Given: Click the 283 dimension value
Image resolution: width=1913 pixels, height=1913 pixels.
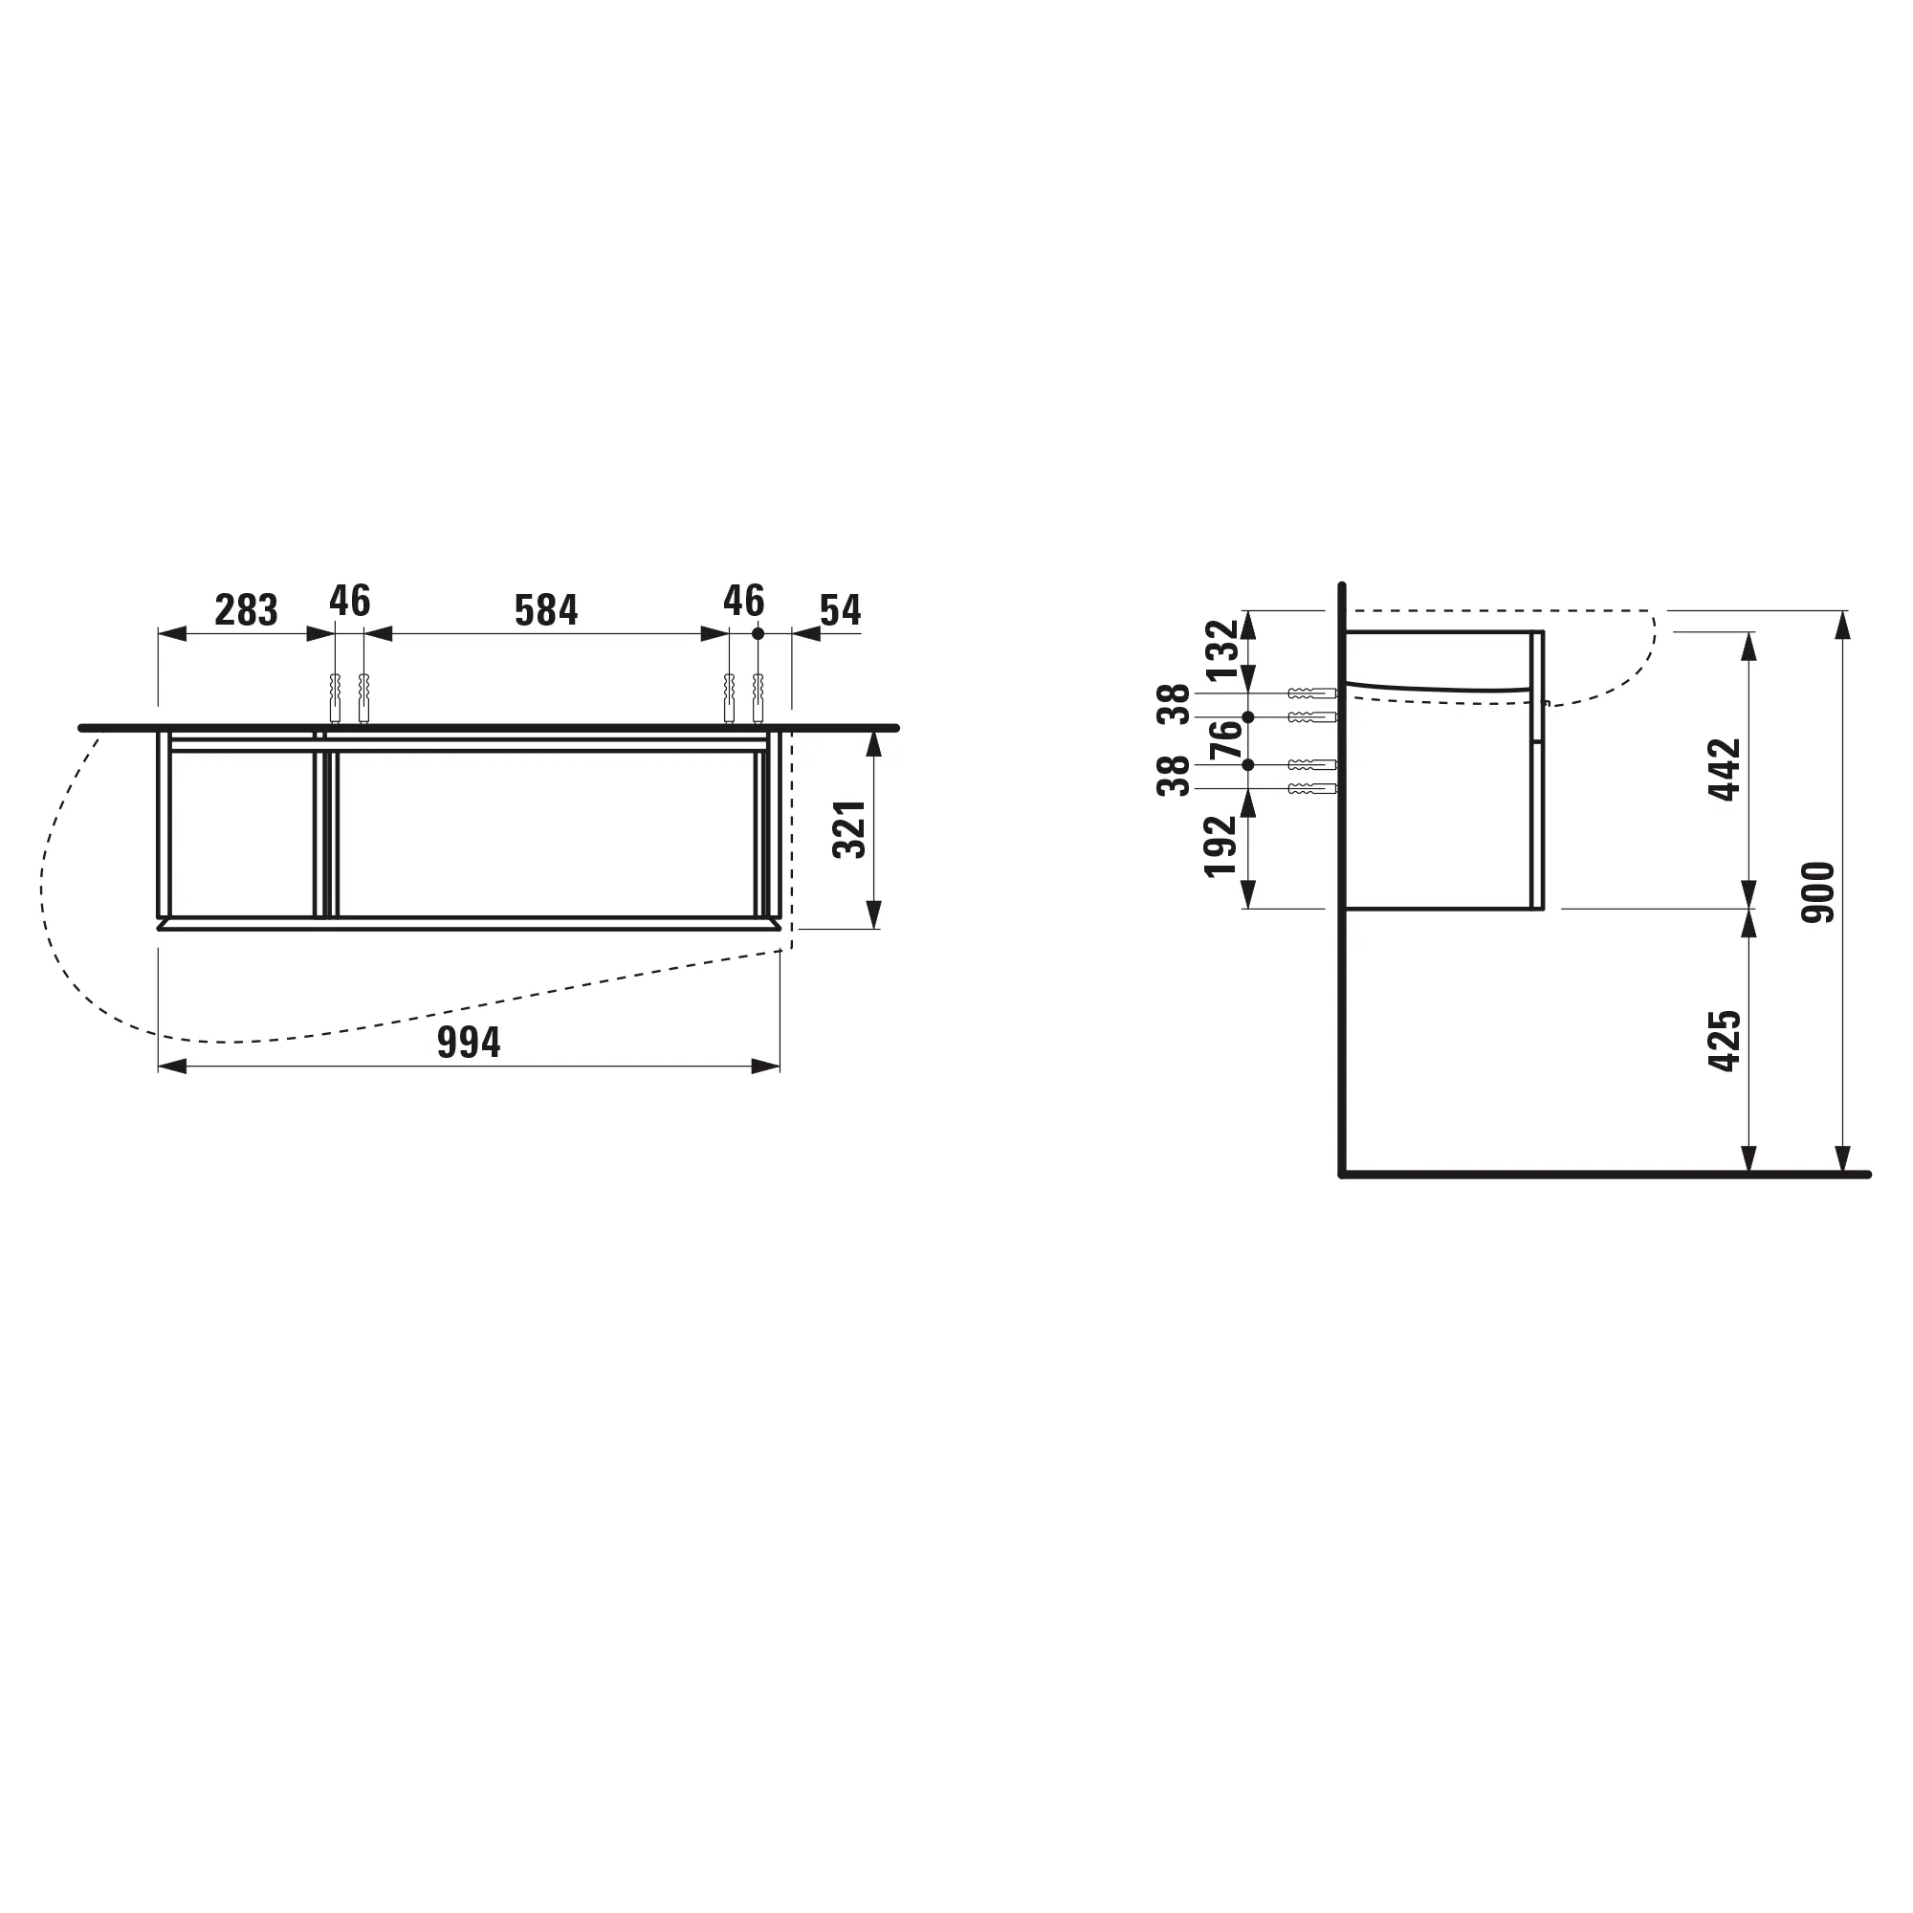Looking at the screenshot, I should click(246, 610).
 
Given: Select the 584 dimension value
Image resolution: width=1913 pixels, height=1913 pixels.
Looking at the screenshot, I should click(545, 610).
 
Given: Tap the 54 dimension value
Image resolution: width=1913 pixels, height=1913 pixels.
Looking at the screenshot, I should click(840, 610).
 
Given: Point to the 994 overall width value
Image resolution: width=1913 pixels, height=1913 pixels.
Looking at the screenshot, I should click(469, 1043).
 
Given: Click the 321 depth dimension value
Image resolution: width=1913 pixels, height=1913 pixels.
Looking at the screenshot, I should click(850, 828).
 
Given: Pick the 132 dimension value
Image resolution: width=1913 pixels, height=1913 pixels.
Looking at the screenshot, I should click(1221, 649).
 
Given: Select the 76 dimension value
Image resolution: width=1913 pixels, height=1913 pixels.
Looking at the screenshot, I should click(1225, 739).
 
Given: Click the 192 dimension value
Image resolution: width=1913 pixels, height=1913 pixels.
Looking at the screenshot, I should click(1220, 845).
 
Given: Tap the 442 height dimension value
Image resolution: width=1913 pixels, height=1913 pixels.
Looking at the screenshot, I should click(1725, 768).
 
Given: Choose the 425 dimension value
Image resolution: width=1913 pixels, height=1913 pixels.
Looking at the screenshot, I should click(1725, 1040).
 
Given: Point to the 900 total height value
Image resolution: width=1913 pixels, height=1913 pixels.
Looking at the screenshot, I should click(1818, 892).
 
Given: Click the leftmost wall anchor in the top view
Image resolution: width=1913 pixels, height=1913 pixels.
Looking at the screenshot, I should click(335, 698).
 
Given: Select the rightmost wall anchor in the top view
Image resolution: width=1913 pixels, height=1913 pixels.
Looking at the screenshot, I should click(759, 698).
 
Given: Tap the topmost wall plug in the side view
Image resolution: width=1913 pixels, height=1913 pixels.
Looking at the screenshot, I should click(1312, 693).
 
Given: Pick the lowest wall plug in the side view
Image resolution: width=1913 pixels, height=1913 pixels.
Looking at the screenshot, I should click(1312, 788).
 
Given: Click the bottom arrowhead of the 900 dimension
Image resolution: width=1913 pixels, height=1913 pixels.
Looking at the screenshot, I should click(1843, 1159).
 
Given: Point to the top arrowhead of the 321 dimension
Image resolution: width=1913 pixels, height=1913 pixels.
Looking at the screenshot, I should click(873, 742).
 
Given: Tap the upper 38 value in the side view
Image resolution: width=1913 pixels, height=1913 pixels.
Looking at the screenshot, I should click(1175, 704).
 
